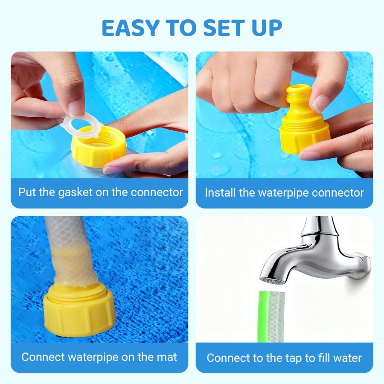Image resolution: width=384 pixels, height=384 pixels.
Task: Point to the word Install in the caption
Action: [220, 192]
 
